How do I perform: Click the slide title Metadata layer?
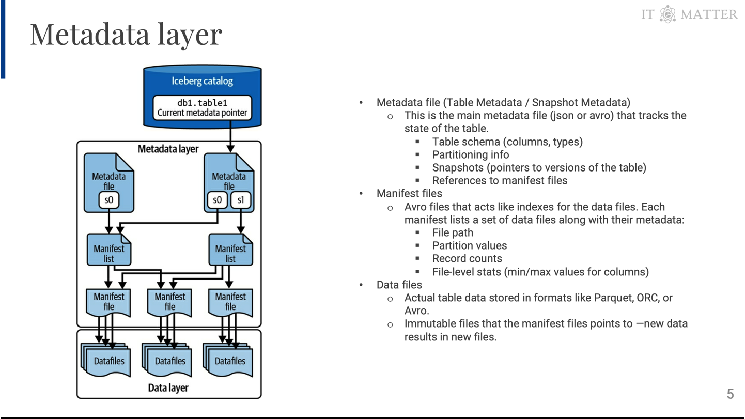[x=126, y=34]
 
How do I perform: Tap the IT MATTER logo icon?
[x=668, y=14]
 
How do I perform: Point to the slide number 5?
[x=730, y=394]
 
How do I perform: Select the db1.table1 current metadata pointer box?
[x=202, y=107]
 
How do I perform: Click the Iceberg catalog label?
[x=202, y=81]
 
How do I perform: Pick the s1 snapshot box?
[x=241, y=200]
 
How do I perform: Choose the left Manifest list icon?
[x=108, y=250]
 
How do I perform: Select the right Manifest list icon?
[x=230, y=250]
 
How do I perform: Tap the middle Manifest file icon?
[x=169, y=302]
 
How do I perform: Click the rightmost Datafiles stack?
[x=229, y=361]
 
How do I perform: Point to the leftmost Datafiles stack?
[x=107, y=361]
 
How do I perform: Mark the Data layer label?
[x=168, y=388]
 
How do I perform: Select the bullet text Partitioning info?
[x=470, y=154]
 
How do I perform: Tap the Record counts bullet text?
[x=467, y=258]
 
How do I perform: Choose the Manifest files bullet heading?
[x=409, y=193]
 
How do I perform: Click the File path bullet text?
[x=453, y=232]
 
